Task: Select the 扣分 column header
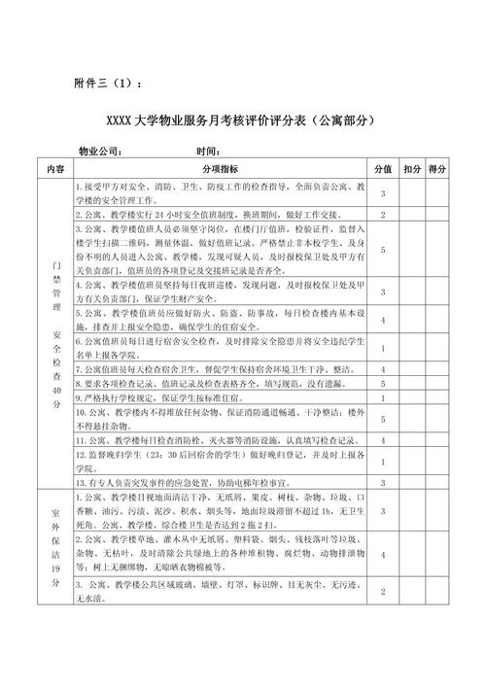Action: [x=411, y=168]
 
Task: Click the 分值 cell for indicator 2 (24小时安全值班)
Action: [x=383, y=214]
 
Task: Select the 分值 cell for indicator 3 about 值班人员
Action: [x=383, y=250]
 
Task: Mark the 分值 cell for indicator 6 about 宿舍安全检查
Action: [x=383, y=348]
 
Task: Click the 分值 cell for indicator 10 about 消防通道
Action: [x=383, y=419]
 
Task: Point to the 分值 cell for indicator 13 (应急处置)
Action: [x=383, y=482]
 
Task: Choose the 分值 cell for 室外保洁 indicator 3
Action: [x=383, y=592]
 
